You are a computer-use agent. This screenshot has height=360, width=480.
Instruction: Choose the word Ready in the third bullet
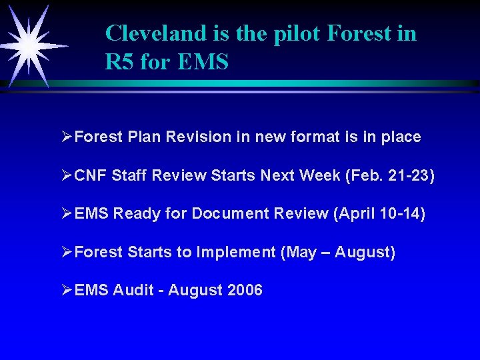click(x=132, y=214)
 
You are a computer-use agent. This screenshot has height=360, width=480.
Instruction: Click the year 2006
click(x=245, y=291)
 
